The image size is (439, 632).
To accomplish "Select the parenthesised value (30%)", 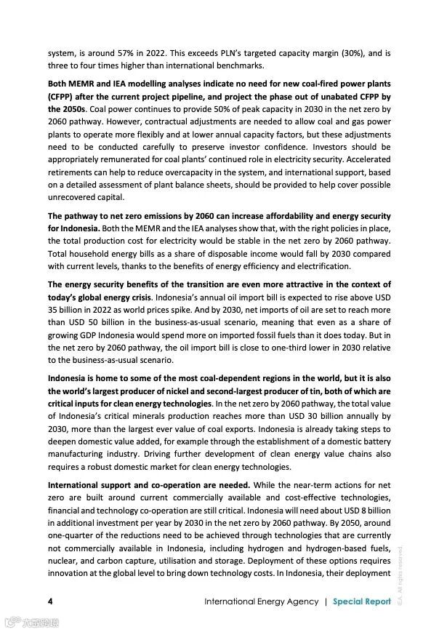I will (343, 53).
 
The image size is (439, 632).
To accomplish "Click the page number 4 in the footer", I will (50, 601).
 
